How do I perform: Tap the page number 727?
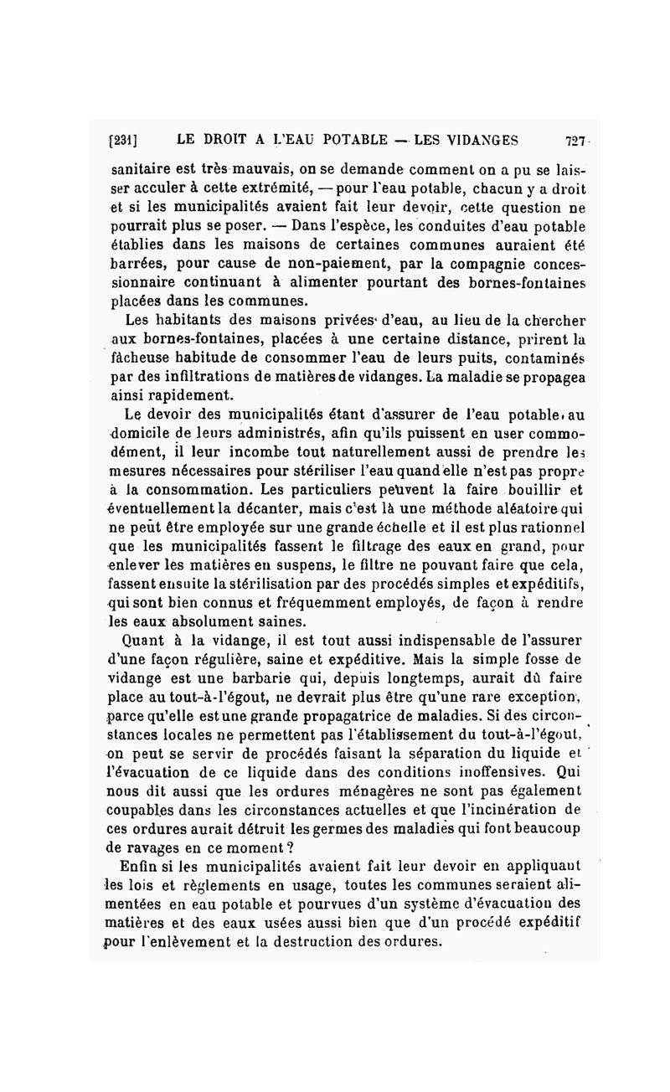(x=576, y=140)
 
